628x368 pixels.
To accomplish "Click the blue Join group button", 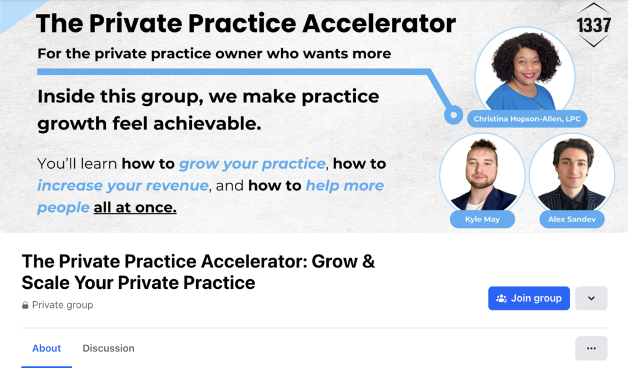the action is (x=529, y=298).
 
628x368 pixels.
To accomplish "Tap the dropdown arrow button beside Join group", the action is (x=591, y=298).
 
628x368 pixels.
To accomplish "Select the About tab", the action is (x=47, y=348).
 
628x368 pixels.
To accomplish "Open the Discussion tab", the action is (x=109, y=348).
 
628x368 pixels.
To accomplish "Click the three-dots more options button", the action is (x=591, y=348).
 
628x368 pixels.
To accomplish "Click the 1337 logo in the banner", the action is (x=594, y=25).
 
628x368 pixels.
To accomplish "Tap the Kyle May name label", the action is (x=482, y=220).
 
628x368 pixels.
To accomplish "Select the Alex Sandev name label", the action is (x=572, y=220).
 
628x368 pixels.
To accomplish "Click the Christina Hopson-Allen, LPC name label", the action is (x=527, y=119).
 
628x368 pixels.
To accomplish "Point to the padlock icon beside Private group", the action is (x=25, y=305).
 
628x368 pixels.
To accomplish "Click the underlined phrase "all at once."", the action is (x=135, y=207).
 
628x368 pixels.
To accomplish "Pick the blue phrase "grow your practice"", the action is (x=252, y=164).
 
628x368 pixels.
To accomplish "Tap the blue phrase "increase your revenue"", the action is (x=123, y=186).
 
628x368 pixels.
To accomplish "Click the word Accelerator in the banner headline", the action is (x=379, y=23).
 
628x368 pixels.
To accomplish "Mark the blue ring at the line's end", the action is (x=453, y=115).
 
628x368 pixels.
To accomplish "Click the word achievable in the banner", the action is (x=207, y=124).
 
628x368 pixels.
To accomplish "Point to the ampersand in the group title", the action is (x=369, y=261).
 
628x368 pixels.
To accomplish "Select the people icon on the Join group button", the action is (x=502, y=298).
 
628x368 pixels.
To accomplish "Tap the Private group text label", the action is (x=63, y=305).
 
